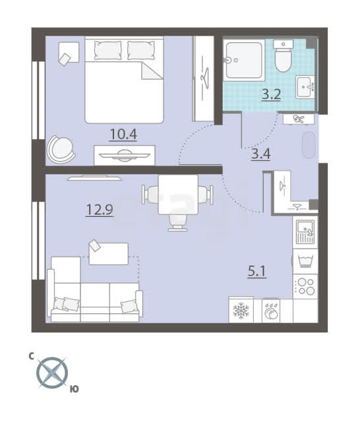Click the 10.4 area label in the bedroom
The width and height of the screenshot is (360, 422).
[x=123, y=135]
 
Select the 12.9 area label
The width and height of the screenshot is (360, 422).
[x=100, y=210]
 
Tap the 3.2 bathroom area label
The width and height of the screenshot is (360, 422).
[x=272, y=94]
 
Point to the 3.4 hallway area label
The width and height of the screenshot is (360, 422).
[x=260, y=154]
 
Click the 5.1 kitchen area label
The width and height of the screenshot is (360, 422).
[x=256, y=271]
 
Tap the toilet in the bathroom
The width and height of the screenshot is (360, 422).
[x=283, y=56]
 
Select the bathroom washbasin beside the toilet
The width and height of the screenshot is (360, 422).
[x=305, y=87]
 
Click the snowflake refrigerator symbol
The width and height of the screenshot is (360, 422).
[x=241, y=311]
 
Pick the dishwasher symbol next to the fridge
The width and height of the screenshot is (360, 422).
[x=271, y=311]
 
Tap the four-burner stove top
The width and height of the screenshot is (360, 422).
[x=305, y=286]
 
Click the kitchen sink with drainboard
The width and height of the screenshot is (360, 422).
[x=305, y=232]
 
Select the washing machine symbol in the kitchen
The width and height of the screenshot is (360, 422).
[x=305, y=261]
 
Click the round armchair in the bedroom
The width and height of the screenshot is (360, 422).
[x=61, y=149]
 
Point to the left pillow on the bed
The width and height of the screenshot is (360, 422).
[x=108, y=50]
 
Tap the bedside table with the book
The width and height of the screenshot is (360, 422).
[x=69, y=53]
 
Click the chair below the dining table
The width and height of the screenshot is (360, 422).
[x=178, y=224]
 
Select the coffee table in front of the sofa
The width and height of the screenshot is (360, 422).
[x=108, y=253]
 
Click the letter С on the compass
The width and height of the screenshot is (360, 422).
[x=31, y=357]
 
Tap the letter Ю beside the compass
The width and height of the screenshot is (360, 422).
[x=75, y=389]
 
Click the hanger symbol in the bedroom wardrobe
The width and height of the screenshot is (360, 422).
[x=205, y=78]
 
